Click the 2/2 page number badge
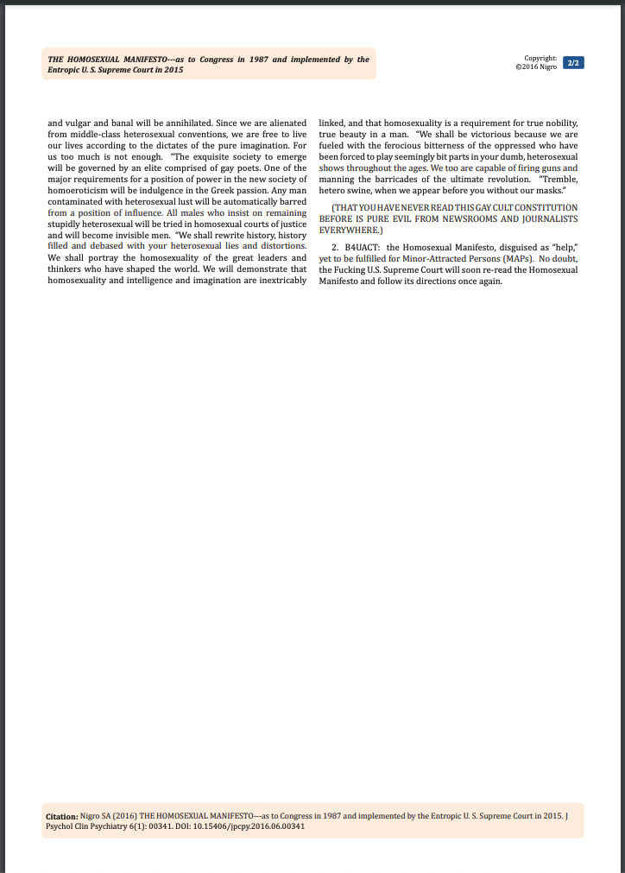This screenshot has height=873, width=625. pyautogui.click(x=572, y=63)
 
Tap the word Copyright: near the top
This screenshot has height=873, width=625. pyautogui.click(x=540, y=58)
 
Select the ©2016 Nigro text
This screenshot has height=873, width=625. pyautogui.click(x=536, y=67)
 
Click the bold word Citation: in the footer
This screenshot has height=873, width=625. pyautogui.click(x=61, y=815)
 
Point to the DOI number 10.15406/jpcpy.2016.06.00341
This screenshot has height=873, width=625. pyautogui.click(x=258, y=826)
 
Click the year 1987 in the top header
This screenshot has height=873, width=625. pyautogui.click(x=258, y=60)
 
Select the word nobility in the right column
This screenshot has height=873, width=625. pyautogui.click(x=561, y=123)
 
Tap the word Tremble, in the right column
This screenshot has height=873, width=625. pyautogui.click(x=558, y=180)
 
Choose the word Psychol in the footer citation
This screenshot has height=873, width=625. pyautogui.click(x=59, y=826)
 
